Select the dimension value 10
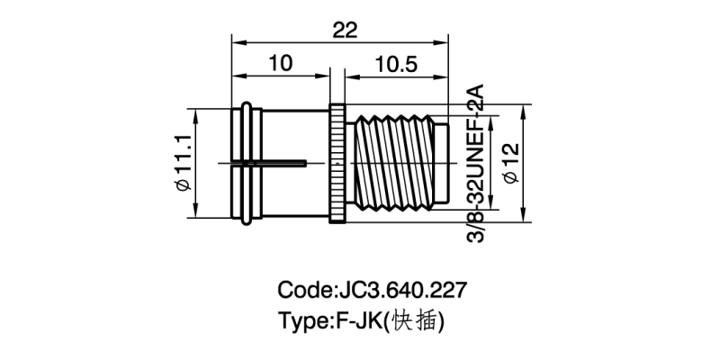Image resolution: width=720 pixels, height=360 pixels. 281,64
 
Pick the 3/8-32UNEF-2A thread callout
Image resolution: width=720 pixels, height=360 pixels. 475,163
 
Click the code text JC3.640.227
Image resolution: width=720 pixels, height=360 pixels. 373,291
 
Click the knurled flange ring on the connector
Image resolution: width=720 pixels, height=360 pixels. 337,163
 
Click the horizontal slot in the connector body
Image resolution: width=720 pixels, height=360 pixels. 270,163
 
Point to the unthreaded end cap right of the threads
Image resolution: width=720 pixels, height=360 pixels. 441,163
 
